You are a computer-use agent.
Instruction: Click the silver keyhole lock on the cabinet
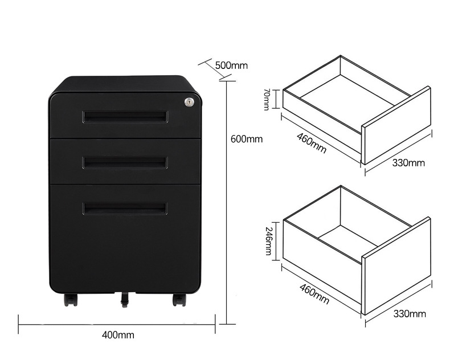point(189,101)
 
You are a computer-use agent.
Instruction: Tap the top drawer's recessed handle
point(125,117)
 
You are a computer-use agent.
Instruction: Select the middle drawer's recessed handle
point(125,162)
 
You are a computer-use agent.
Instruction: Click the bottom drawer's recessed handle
point(125,208)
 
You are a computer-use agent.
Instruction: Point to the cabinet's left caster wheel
point(71,300)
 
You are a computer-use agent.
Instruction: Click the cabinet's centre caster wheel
point(125,300)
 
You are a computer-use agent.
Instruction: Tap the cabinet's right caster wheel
point(179,300)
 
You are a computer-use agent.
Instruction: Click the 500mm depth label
point(231,66)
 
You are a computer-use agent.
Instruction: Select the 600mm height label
point(247,139)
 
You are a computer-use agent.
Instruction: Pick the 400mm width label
point(118,335)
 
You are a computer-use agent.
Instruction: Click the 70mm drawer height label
point(267,99)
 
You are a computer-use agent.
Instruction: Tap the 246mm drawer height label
point(268,241)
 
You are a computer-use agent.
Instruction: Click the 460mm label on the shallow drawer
point(312,143)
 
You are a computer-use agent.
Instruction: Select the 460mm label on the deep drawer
point(314,294)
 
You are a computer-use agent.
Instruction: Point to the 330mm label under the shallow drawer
point(408,163)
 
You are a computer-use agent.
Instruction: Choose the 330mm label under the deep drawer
point(410,314)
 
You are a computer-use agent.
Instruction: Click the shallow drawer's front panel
point(396,125)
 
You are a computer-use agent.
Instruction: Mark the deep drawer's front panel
point(396,266)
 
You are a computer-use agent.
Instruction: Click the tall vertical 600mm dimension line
point(227,203)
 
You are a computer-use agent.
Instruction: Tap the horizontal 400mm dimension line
point(117,325)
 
